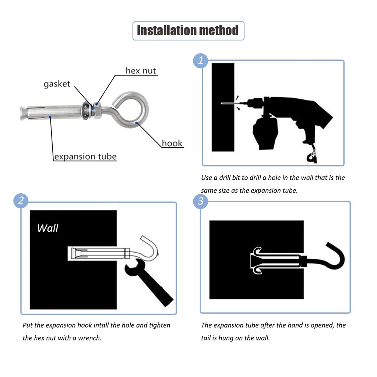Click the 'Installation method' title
188,31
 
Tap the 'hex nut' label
141,70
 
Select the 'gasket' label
57,84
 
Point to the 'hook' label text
172,143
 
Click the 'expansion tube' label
85,156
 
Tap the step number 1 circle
200,61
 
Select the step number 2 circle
21,201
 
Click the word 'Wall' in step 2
47,228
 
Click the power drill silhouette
291,114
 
